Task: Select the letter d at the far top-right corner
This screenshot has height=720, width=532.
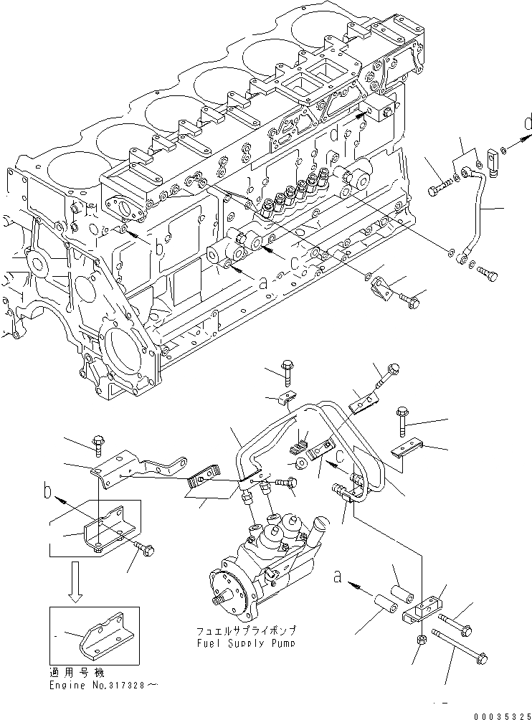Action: (x=527, y=123)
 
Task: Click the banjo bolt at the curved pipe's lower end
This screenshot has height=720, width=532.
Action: (x=488, y=274)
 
